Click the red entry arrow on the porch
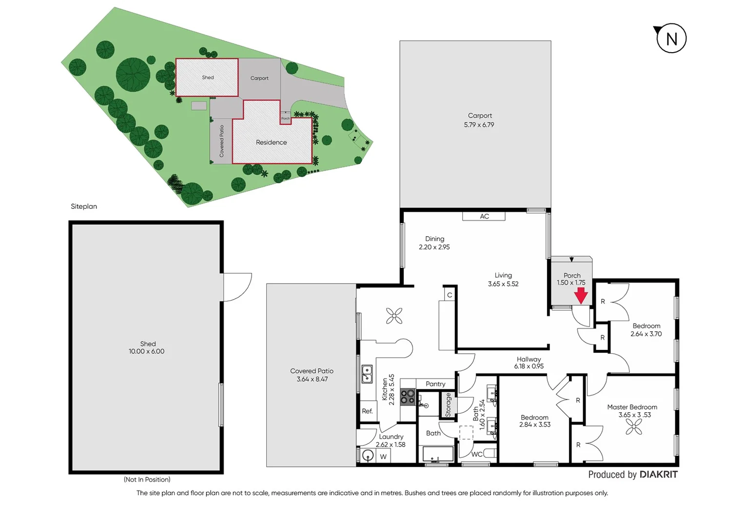coord(581,295)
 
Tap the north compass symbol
coord(671,39)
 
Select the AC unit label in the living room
coord(484,216)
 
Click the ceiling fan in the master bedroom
coord(634,428)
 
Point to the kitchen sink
coord(367,374)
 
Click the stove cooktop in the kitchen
coord(408,397)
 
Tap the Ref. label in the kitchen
coord(367,411)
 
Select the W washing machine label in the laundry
coord(383,457)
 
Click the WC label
coord(477,454)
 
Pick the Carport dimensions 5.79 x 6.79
coord(479,125)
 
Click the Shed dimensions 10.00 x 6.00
coord(146,351)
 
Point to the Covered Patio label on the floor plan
coord(312,371)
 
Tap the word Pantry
coord(435,384)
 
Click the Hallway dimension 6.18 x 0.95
coord(529,366)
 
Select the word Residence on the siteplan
coord(271,142)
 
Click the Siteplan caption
coord(84,206)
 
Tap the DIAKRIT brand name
coord(658,474)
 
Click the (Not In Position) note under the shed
coord(147,480)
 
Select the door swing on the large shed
coord(237,287)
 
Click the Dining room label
coord(434,239)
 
